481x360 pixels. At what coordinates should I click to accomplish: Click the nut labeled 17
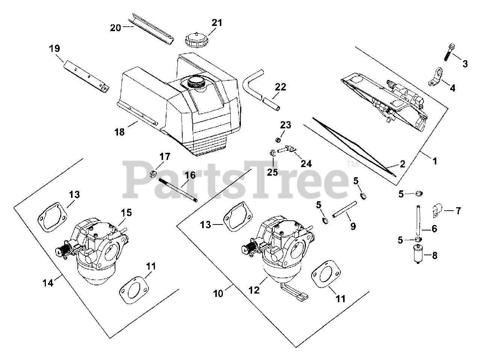[153, 174]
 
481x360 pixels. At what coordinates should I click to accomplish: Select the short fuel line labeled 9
[343, 209]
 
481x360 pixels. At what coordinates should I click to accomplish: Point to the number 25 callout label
[272, 172]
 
